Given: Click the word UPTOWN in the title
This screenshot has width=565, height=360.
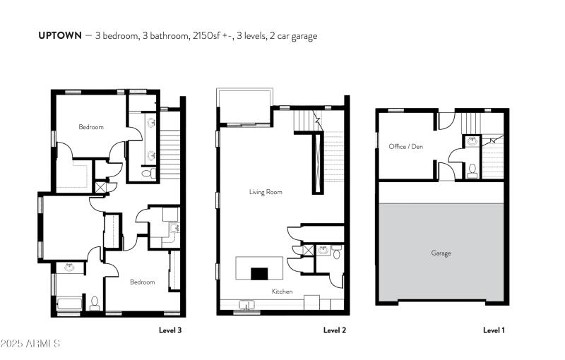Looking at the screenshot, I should (59, 35).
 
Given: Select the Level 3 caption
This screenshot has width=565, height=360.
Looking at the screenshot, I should (172, 330).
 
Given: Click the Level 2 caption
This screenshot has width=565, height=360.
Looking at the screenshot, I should (335, 330).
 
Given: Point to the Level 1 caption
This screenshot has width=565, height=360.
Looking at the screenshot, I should (494, 330).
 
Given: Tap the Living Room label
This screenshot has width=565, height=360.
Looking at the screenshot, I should (266, 192).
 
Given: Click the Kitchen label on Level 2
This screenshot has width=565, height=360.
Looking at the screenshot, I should (282, 291).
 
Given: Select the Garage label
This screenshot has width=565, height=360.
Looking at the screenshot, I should (441, 253).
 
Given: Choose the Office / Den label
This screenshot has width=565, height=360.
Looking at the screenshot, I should (405, 147).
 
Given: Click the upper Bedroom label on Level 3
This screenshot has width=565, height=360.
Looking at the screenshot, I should (91, 127).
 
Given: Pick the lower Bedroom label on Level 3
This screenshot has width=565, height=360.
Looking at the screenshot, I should (142, 282).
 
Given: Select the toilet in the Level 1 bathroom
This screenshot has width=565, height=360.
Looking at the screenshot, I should (472, 169).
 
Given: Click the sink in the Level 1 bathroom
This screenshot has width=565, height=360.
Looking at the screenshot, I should (473, 142).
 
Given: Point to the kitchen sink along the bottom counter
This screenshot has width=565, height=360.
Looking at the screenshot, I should (246, 305).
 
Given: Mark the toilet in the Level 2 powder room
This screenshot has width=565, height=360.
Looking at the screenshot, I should (337, 253).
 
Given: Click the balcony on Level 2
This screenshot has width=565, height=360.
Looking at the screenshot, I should (244, 107).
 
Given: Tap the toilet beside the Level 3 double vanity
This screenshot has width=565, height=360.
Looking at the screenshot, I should (147, 173).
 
